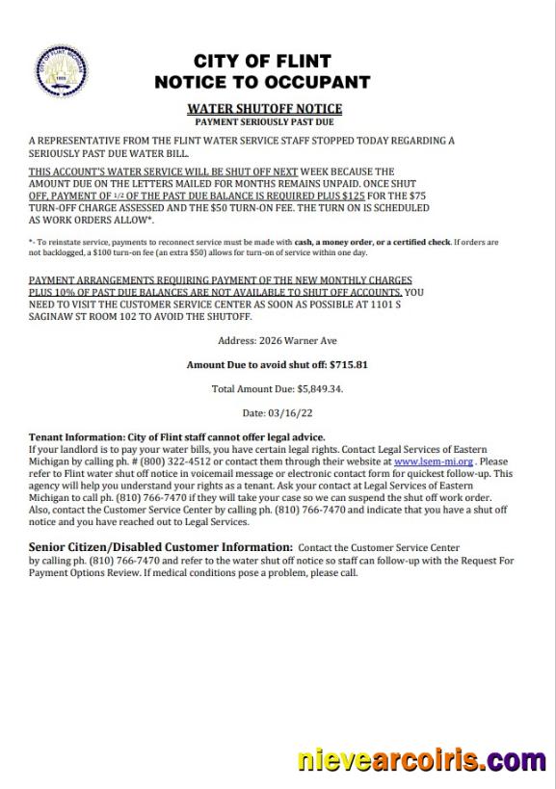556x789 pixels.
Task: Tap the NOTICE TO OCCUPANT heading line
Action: [262, 83]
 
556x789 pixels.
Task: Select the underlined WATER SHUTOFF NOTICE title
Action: [264, 109]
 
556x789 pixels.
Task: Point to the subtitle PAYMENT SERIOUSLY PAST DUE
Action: [264, 122]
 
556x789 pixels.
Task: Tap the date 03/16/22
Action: [292, 413]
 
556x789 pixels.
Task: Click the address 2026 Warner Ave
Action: [297, 341]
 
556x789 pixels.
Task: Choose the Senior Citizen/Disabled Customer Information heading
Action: [161, 546]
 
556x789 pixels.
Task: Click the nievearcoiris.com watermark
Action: [421, 760]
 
